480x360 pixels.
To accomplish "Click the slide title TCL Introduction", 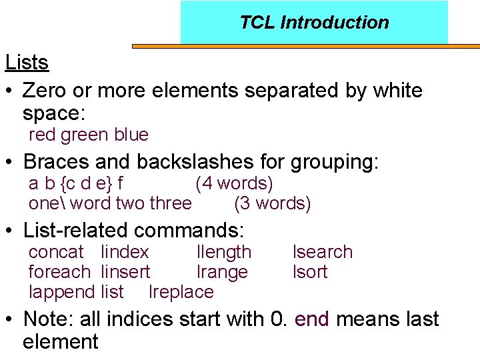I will pos(314,23).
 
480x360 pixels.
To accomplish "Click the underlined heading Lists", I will pos(27,63).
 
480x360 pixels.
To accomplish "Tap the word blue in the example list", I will pos(131,135).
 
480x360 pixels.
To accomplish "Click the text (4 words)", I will pos(234,183).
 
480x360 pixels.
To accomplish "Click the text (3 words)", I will pos(273,203).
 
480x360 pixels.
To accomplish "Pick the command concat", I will pos(56,253).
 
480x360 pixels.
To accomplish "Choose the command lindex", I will pos(125,253).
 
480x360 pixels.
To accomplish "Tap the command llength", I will pos(224,253).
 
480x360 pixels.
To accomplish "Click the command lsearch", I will pos(323,253).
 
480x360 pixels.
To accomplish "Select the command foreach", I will pos(59,272).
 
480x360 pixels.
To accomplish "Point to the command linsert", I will pos(125,272).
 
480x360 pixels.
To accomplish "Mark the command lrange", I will pos(222,272).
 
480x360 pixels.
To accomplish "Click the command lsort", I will pos(310,272).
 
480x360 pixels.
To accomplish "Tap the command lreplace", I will pos(181,292).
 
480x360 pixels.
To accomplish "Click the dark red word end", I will pos(311,319).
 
